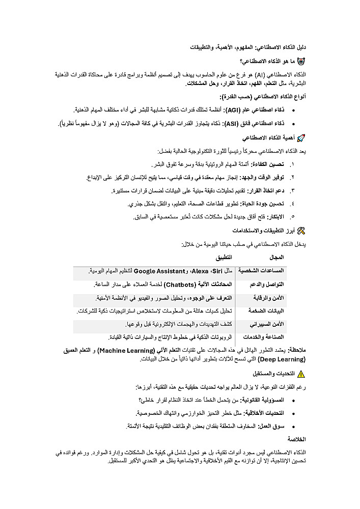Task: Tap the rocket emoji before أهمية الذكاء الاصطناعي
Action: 301,138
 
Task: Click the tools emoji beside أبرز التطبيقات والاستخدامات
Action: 301,231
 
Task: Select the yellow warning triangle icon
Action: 300,374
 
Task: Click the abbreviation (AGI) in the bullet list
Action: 238,110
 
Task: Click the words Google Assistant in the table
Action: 156,270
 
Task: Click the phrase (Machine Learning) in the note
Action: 126,351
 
